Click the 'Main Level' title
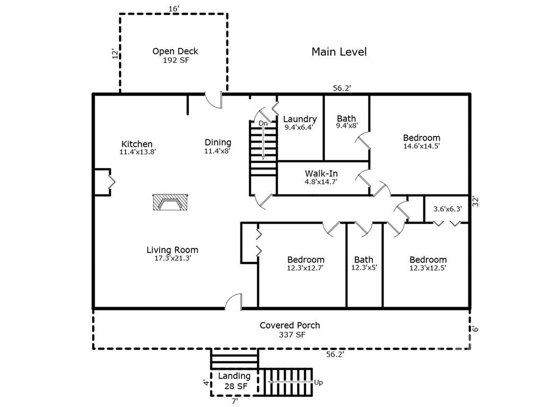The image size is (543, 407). point(339,52)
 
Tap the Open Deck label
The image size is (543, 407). point(175,51)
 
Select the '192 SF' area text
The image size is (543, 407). point(176,60)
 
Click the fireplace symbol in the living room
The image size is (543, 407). point(170,202)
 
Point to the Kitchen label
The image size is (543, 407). point(137,144)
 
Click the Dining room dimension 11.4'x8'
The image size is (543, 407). point(217,151)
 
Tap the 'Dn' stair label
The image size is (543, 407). point(263,123)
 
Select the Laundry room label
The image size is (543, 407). point(300,119)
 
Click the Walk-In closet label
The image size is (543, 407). point(321,173)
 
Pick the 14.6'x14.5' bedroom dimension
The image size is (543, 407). point(422,146)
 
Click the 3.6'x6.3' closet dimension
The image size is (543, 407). point(448,209)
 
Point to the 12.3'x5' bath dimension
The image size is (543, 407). point(364,268)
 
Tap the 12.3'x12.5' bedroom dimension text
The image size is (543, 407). point(428,268)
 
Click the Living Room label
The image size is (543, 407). point(172,250)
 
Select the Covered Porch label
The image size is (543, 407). point(290,325)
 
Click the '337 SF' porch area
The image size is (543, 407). point(292,335)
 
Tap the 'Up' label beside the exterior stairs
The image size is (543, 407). point(319,383)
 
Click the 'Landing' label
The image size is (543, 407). point(234,376)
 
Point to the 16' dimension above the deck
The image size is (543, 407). point(174,8)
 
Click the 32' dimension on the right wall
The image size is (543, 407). point(476,201)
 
